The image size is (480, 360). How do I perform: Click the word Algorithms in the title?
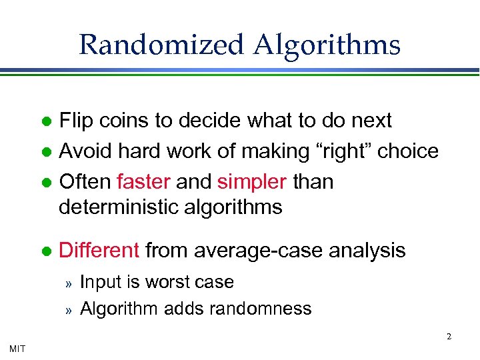[327, 45]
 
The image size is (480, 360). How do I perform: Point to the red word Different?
[99, 250]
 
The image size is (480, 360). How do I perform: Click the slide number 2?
[449, 337]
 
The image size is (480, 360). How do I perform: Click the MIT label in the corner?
[17, 347]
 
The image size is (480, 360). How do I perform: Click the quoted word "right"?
[341, 151]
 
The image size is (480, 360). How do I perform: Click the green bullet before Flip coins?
[46, 122]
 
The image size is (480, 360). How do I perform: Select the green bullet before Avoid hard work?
[46, 153]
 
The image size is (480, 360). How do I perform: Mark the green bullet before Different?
[46, 251]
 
